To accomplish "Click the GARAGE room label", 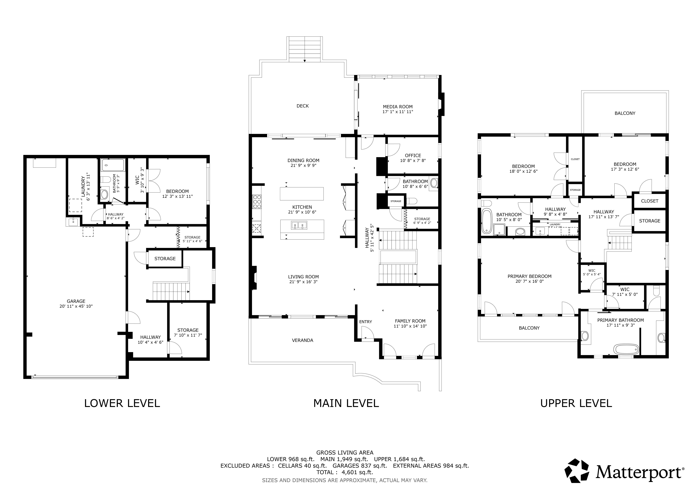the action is point(76,301).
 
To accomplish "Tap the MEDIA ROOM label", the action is point(398,106).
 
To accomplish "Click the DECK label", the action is point(303,106).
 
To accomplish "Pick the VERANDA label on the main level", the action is point(303,340).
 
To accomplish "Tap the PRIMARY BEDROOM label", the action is point(530,276).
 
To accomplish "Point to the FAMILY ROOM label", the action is point(410,321).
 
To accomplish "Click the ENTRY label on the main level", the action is point(366,322).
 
